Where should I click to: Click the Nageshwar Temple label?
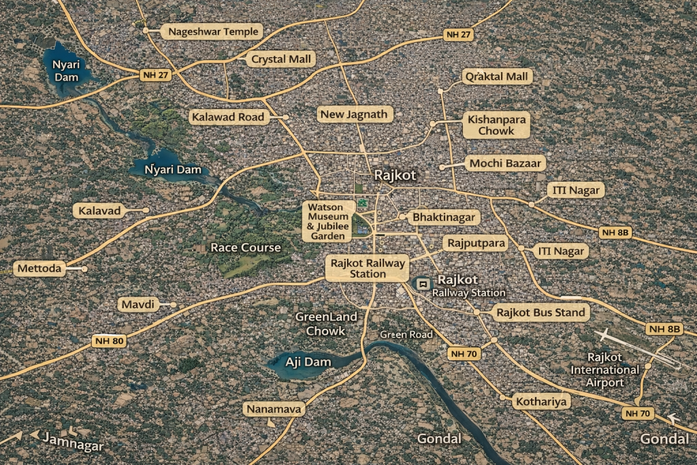[213, 31]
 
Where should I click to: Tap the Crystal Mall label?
[281, 59]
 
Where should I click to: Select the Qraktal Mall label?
[497, 76]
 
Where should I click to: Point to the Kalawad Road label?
[227, 117]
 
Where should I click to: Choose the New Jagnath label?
[355, 114]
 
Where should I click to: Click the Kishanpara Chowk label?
[496, 125]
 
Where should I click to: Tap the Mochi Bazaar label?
[505, 163]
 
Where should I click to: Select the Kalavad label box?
[99, 210]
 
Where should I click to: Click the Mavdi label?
[138, 304]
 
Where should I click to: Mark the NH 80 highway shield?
[109, 340]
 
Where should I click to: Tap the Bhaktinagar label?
[444, 218]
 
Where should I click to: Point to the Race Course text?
[245, 247]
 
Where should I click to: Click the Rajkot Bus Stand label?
[540, 313]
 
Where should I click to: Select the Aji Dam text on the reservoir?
[308, 362]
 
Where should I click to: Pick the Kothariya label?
[540, 401]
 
